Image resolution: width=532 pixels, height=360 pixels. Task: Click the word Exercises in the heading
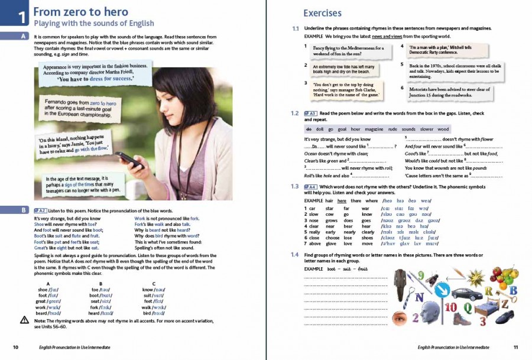[x=322, y=13]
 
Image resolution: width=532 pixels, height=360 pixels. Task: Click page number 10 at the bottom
[x=16, y=348]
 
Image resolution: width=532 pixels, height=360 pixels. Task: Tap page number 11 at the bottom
[x=515, y=348]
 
